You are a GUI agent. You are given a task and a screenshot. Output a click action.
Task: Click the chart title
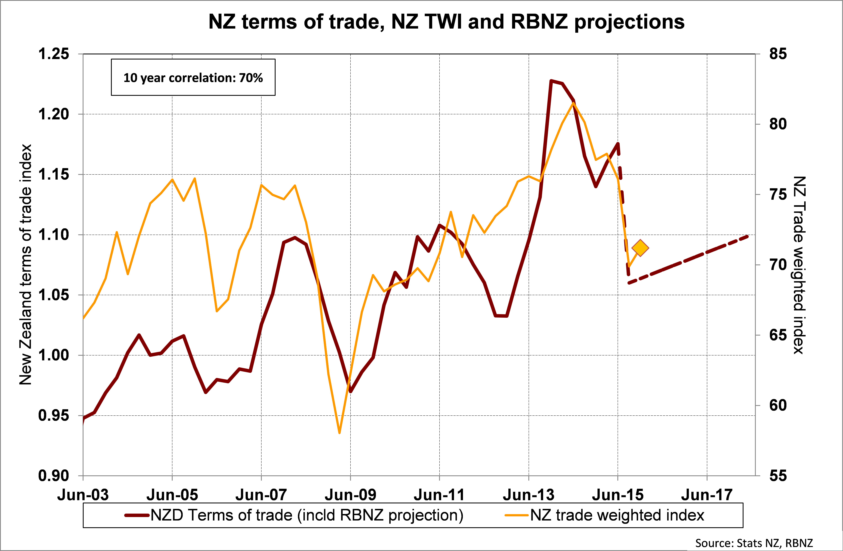(446, 22)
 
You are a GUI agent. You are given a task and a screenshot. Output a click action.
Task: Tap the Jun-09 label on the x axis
(350, 495)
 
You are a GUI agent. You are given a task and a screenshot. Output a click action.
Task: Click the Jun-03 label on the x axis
(83, 495)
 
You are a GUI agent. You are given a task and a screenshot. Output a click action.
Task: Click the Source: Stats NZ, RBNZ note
(754, 543)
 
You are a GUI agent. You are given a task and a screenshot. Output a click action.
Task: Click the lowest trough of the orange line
(339, 433)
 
